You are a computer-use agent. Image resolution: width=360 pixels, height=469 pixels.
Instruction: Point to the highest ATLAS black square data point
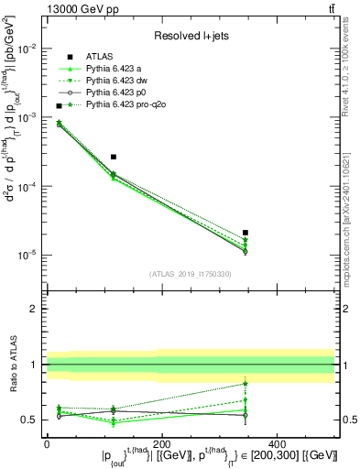tap(60, 106)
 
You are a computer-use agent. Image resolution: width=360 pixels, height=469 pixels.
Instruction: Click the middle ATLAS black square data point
tap(114, 157)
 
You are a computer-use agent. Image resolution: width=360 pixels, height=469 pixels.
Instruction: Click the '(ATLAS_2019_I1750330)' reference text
tap(191, 273)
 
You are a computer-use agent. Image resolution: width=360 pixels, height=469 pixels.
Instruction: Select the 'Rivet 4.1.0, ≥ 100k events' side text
tap(351, 75)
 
